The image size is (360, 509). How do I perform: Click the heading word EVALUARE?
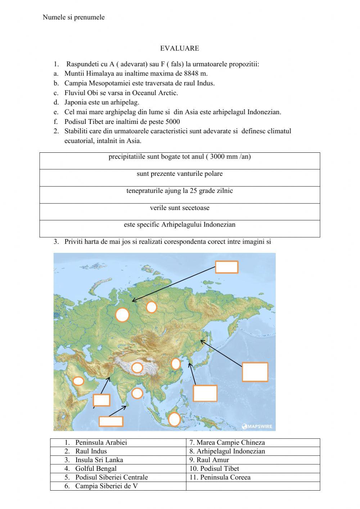[180, 48]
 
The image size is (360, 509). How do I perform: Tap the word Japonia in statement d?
[76, 102]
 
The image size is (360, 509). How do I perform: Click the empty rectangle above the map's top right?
[226, 267]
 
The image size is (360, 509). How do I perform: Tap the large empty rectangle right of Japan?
[255, 372]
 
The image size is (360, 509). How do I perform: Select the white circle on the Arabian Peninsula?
[78, 381]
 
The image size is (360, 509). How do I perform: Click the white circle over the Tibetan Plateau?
[137, 368]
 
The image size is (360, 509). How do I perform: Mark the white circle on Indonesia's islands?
[174, 419]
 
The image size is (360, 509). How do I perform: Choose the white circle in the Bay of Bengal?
[137, 393]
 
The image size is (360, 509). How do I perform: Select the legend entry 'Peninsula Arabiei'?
[101, 443]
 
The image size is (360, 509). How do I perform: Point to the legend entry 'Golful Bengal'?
[96, 469]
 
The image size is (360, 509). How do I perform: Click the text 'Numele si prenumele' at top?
[73, 17]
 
